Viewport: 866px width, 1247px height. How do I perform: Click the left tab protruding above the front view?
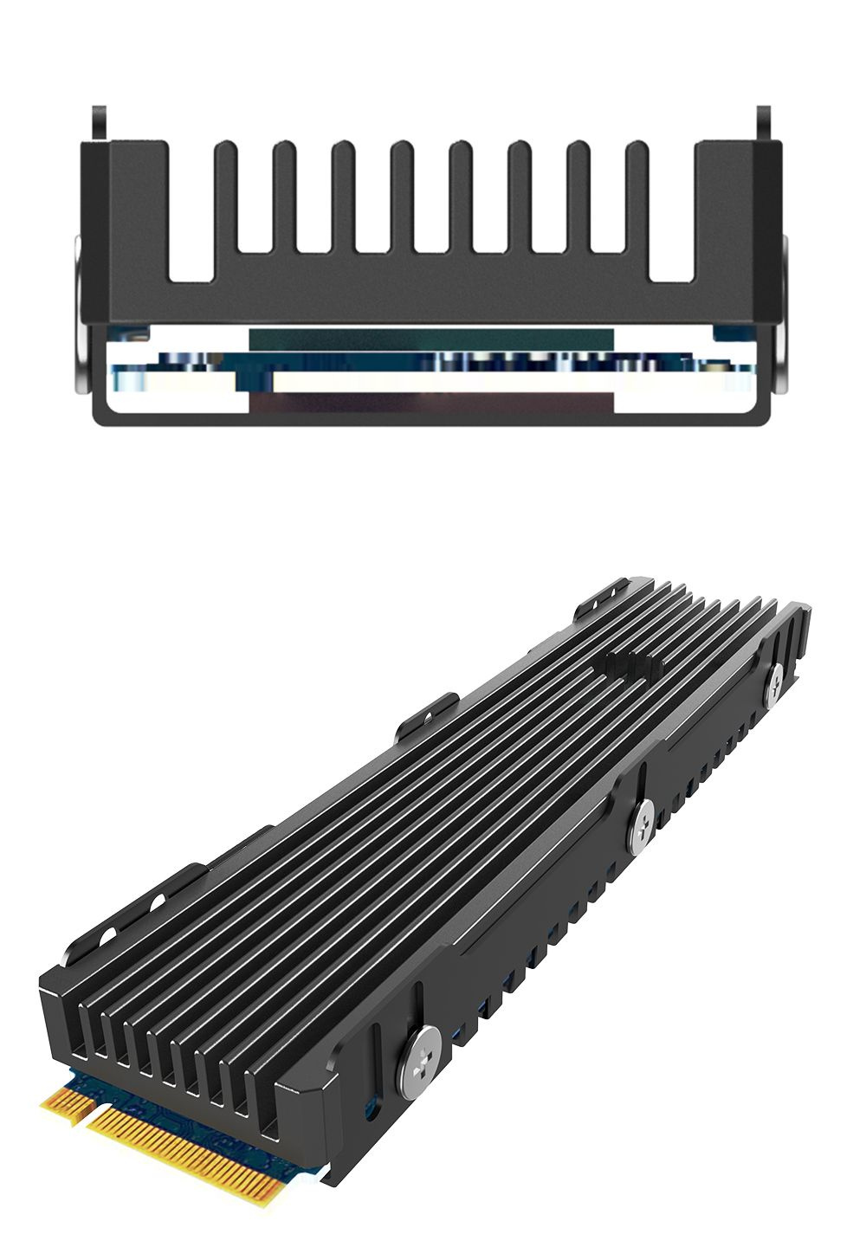coord(100,123)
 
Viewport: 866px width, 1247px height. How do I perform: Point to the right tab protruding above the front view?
coord(764,123)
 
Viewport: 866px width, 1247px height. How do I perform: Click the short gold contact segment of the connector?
coord(68,1103)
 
